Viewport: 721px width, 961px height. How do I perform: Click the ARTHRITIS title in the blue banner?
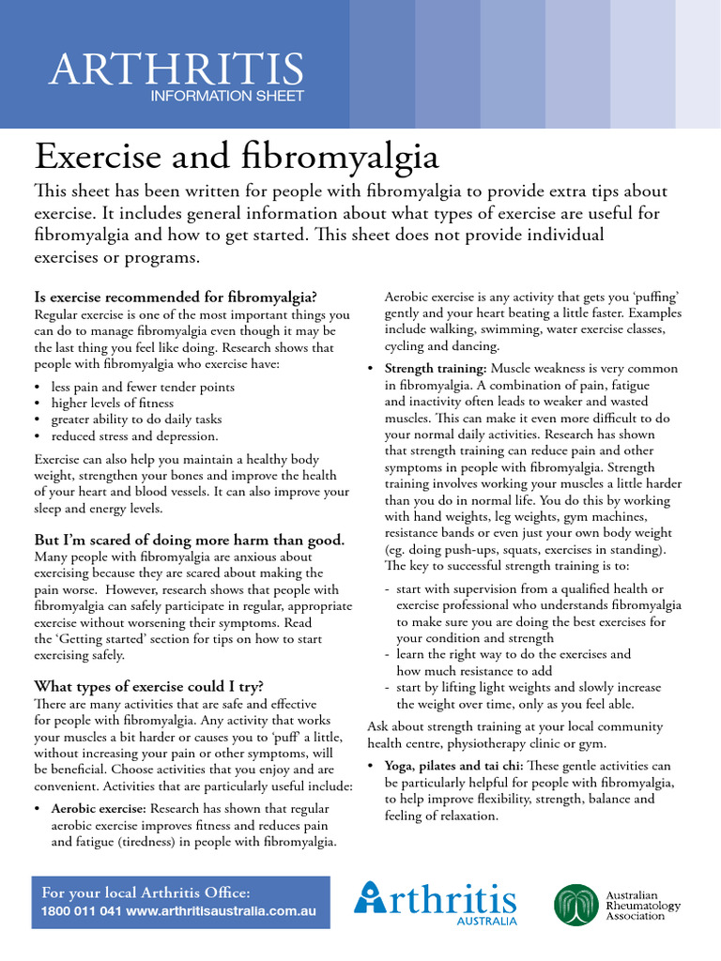(x=176, y=69)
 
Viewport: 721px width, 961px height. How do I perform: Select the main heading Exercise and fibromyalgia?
(x=237, y=156)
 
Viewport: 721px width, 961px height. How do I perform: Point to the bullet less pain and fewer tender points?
(x=143, y=387)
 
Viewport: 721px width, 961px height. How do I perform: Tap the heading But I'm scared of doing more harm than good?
(x=189, y=540)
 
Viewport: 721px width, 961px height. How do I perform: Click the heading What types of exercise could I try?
(x=148, y=685)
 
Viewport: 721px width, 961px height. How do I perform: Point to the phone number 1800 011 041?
(x=81, y=911)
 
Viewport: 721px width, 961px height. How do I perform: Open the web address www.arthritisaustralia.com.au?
(x=222, y=911)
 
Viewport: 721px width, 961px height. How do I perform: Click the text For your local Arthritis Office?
(x=146, y=892)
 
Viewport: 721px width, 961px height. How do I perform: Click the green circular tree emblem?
(x=574, y=905)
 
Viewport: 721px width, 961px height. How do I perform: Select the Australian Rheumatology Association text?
(x=643, y=905)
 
